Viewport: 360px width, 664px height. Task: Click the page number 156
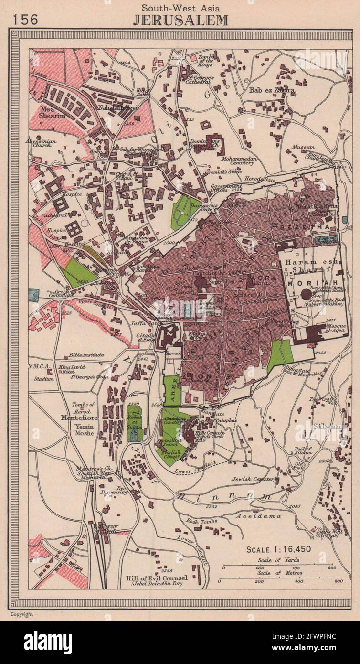tap(25, 20)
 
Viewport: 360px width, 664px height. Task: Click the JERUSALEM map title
tap(180, 20)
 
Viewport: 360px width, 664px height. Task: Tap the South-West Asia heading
tap(180, 7)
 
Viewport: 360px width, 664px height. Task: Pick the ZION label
tap(201, 376)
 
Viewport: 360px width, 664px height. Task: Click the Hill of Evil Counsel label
tap(157, 578)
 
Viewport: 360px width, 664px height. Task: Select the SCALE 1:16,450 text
tap(279, 549)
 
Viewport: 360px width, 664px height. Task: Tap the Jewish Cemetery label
tap(255, 479)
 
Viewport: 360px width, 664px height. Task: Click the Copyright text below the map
tap(21, 614)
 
